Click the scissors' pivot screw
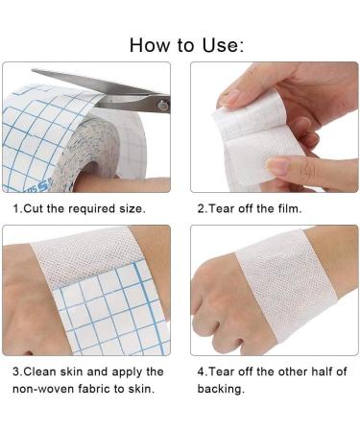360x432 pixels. (163, 105)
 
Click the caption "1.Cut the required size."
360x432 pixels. (79, 207)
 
